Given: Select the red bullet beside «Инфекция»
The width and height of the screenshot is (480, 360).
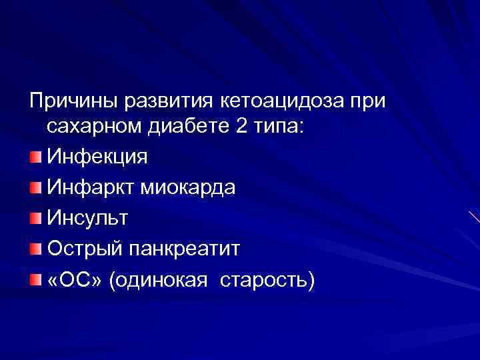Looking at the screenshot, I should pyautogui.click(x=35, y=158).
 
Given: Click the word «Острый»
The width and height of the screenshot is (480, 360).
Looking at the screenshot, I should pyautogui.click(x=83, y=249).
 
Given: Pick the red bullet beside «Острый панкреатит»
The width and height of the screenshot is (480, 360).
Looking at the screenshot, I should pyautogui.click(x=35, y=249).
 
